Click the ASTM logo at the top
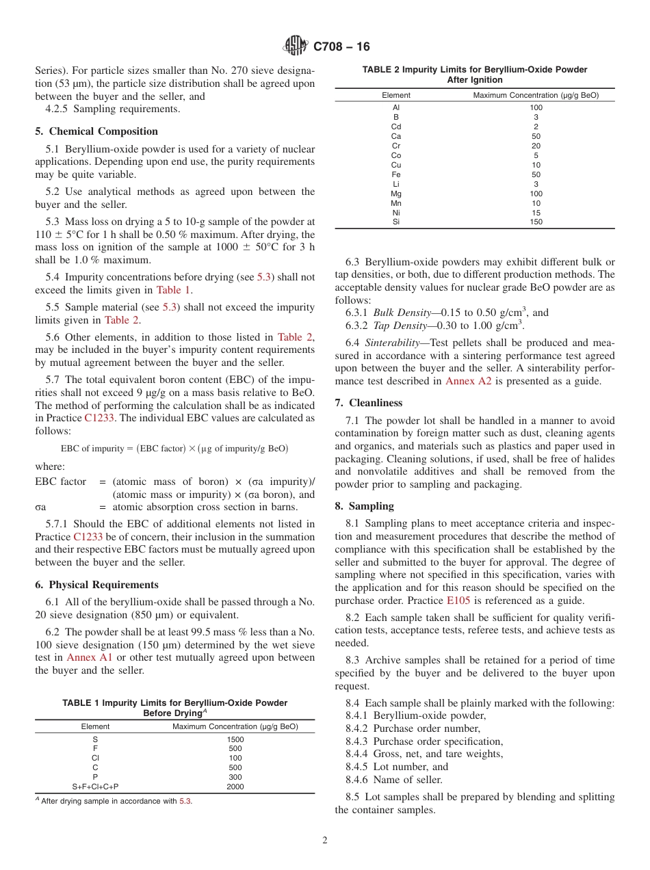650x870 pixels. click(x=296, y=47)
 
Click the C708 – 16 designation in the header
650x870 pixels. click(x=341, y=47)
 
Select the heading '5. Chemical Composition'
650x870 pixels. click(x=96, y=131)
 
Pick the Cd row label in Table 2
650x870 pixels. click(x=396, y=127)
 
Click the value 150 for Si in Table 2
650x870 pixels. click(x=536, y=222)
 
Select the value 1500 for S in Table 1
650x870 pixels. click(x=235, y=739)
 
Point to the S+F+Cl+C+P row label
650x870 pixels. click(x=95, y=787)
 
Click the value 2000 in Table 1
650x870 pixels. click(x=235, y=787)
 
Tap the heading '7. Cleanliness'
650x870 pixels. click(x=369, y=403)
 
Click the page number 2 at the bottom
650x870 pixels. click(x=325, y=841)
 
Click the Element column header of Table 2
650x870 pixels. click(x=396, y=95)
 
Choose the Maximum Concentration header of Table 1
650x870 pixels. click(x=235, y=726)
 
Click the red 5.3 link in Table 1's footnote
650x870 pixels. click(x=185, y=801)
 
